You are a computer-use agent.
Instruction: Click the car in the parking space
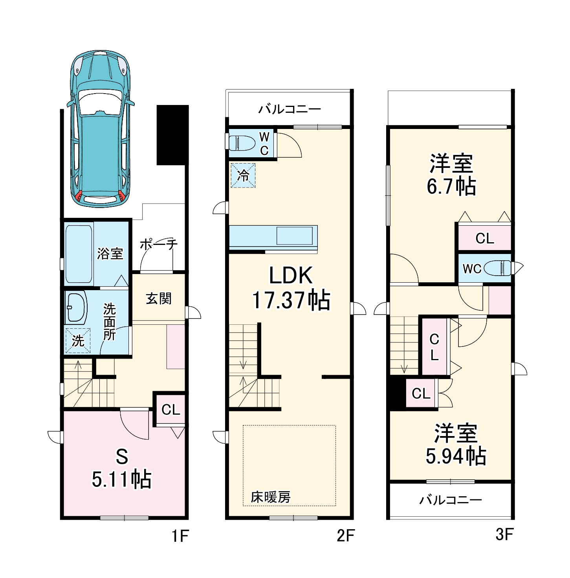pyautogui.click(x=101, y=130)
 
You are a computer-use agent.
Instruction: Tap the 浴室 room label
pyautogui.click(x=110, y=254)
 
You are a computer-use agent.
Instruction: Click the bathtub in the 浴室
pyautogui.click(x=79, y=254)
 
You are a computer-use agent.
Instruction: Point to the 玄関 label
pyautogui.click(x=159, y=299)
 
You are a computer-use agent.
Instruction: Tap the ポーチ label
pyautogui.click(x=159, y=244)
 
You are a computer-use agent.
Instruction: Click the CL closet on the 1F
pyautogui.click(x=171, y=410)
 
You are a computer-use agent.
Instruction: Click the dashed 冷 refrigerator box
pyautogui.click(x=243, y=175)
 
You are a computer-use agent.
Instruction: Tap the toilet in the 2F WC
pyautogui.click(x=242, y=143)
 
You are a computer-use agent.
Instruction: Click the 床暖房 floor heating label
pyautogui.click(x=271, y=497)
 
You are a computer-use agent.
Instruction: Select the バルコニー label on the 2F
pyautogui.click(x=290, y=109)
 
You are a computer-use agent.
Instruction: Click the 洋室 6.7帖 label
pyautogui.click(x=451, y=175)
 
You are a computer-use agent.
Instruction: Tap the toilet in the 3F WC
pyautogui.click(x=498, y=269)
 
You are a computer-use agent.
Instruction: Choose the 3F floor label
pyautogui.click(x=504, y=535)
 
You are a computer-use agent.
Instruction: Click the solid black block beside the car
pyautogui.click(x=172, y=135)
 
